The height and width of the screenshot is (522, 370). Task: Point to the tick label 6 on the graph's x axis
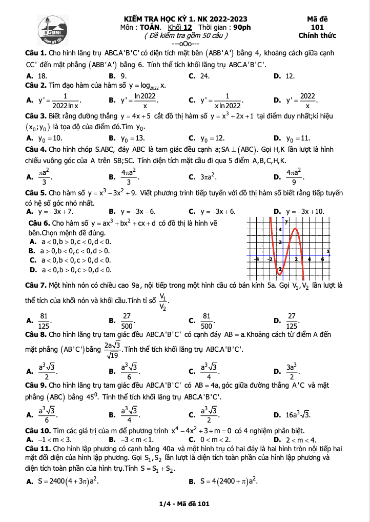323,259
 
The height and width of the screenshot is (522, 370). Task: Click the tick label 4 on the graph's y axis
280,229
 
